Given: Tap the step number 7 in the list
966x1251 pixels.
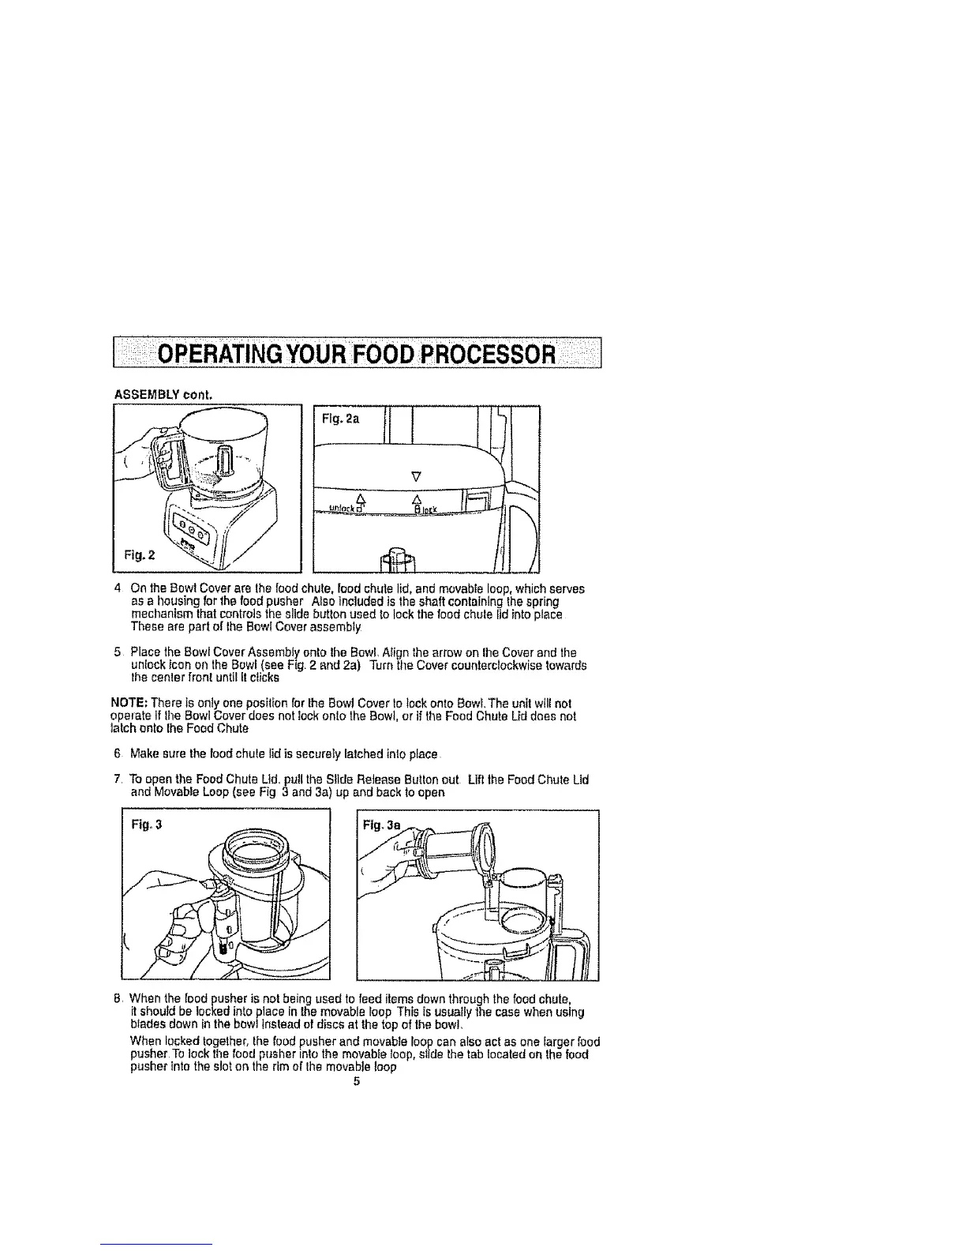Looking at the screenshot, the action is [117, 780].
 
